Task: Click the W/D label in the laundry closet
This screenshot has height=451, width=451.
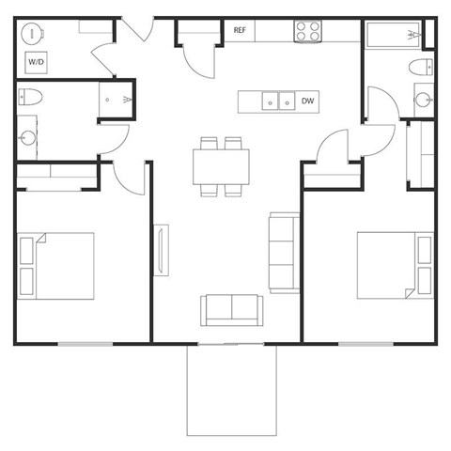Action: click(x=37, y=62)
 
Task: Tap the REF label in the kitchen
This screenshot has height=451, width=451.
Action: click(x=240, y=31)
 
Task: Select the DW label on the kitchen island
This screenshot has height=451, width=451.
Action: click(x=307, y=101)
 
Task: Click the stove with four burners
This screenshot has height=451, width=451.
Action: click(x=307, y=31)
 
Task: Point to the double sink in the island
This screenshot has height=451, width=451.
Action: click(x=276, y=101)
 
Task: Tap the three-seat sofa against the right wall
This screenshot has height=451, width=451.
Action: click(x=284, y=251)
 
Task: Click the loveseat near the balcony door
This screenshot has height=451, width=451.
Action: click(x=231, y=308)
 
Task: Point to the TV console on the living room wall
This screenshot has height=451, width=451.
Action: click(x=162, y=256)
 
